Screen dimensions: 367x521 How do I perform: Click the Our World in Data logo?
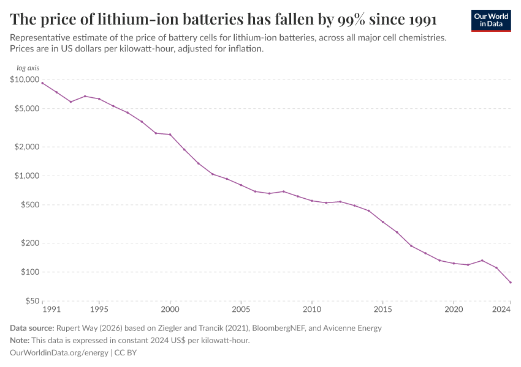click(490, 20)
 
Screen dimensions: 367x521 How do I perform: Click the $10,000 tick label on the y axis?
click(25, 80)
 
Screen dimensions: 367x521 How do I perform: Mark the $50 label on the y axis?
click(31, 301)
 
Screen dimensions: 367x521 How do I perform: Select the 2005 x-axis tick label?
click(241, 310)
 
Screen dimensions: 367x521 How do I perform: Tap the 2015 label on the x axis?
click(382, 310)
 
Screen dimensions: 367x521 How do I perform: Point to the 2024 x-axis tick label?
click(502, 310)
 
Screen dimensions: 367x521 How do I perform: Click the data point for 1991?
click(42, 83)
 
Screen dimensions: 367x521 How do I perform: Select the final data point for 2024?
click(511, 283)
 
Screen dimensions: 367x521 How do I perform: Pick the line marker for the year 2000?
click(170, 135)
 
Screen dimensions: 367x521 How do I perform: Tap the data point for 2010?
click(312, 201)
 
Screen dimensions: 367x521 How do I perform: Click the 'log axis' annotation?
click(28, 68)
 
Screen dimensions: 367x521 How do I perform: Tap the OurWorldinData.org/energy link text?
click(59, 353)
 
